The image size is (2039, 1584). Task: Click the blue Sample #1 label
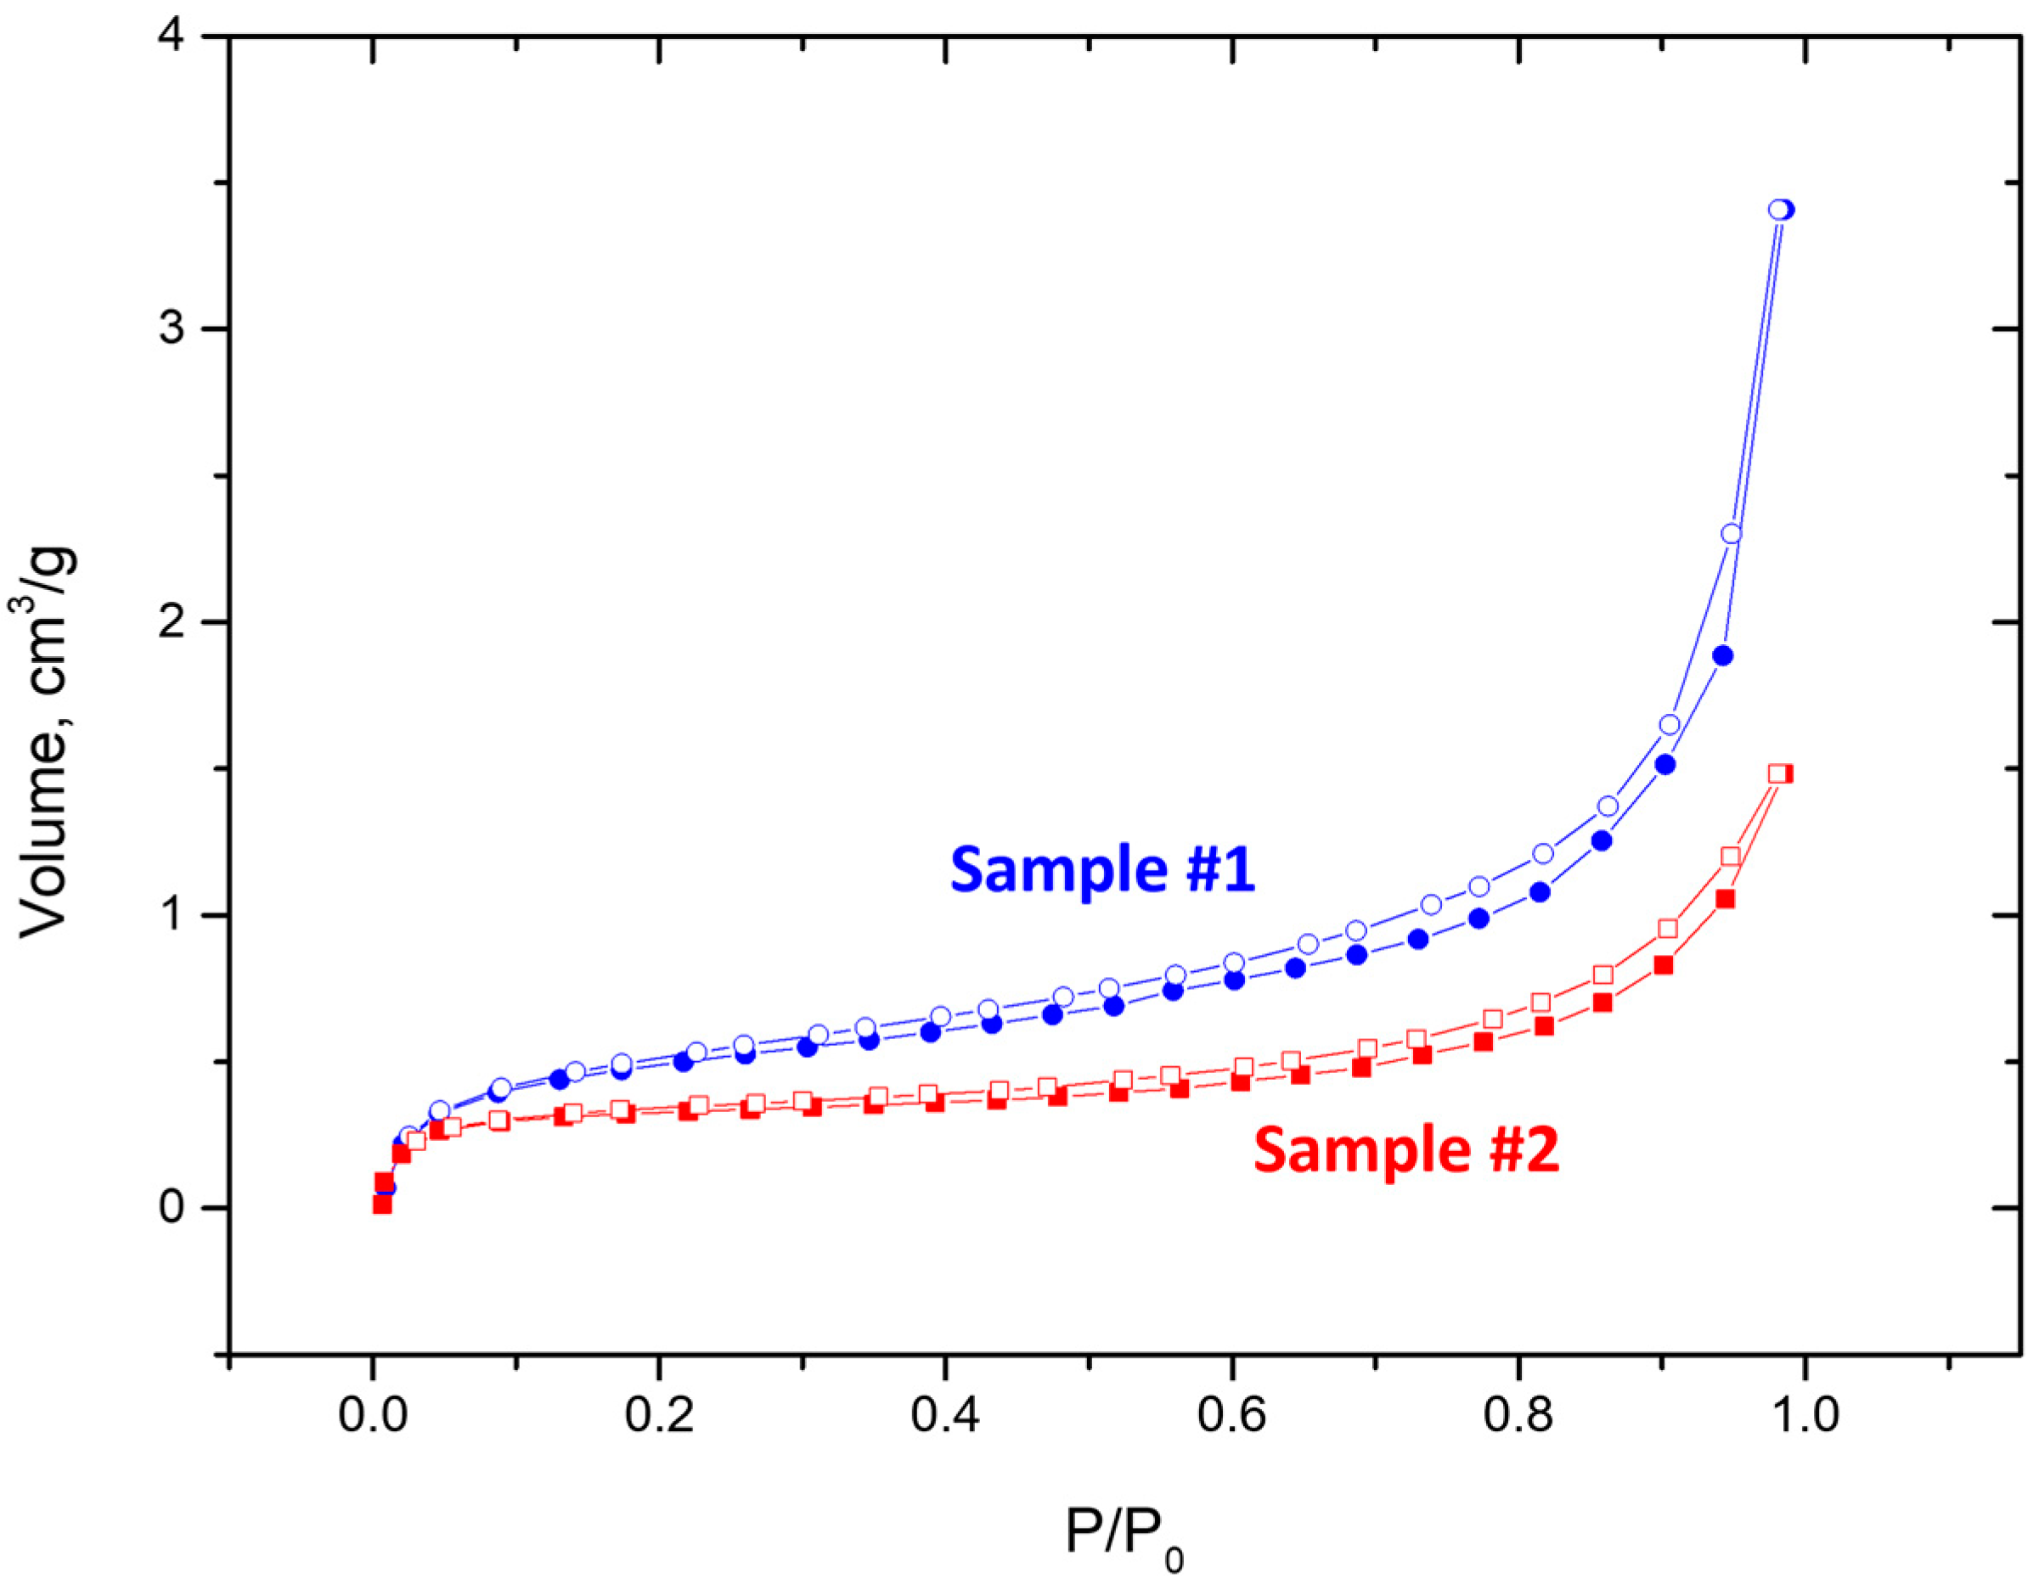[1102, 870]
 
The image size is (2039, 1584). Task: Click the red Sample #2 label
[1406, 1150]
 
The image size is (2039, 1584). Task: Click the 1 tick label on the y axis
[172, 916]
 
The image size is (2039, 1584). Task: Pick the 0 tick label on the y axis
[172, 1209]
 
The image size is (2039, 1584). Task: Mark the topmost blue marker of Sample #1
[1783, 210]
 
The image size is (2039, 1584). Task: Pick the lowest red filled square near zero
[382, 1205]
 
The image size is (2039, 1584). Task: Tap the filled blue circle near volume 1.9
[1723, 656]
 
